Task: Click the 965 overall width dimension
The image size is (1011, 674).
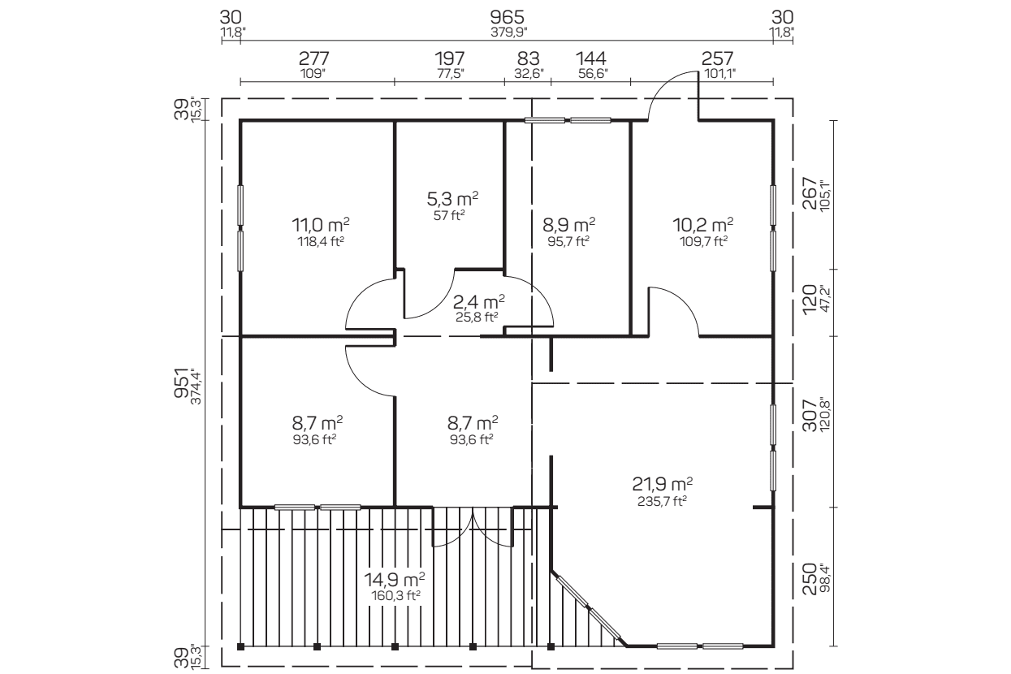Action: (x=508, y=18)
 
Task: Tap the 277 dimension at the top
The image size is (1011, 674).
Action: (x=313, y=58)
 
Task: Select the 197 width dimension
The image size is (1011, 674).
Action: (x=450, y=58)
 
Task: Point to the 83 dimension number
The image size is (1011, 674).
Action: (x=529, y=58)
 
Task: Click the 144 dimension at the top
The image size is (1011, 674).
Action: (x=591, y=58)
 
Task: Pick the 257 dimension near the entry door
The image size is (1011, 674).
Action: (x=718, y=58)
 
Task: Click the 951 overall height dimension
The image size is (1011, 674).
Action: (x=181, y=383)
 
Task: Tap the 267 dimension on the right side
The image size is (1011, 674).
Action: (x=810, y=193)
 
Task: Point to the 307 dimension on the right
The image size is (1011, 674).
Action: (x=810, y=415)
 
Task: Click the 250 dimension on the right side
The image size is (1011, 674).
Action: (x=810, y=579)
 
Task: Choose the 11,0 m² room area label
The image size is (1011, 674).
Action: (x=321, y=224)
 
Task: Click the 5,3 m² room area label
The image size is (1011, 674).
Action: (x=452, y=198)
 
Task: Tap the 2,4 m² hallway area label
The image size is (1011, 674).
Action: (x=478, y=300)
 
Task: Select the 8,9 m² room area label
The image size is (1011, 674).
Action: (x=568, y=224)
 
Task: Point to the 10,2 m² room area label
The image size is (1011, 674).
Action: (x=702, y=224)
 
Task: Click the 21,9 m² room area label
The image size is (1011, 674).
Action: (x=662, y=484)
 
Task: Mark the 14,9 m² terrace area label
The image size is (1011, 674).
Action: (x=395, y=578)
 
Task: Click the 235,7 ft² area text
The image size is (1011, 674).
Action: (x=662, y=501)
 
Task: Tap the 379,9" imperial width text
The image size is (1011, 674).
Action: (x=508, y=32)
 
